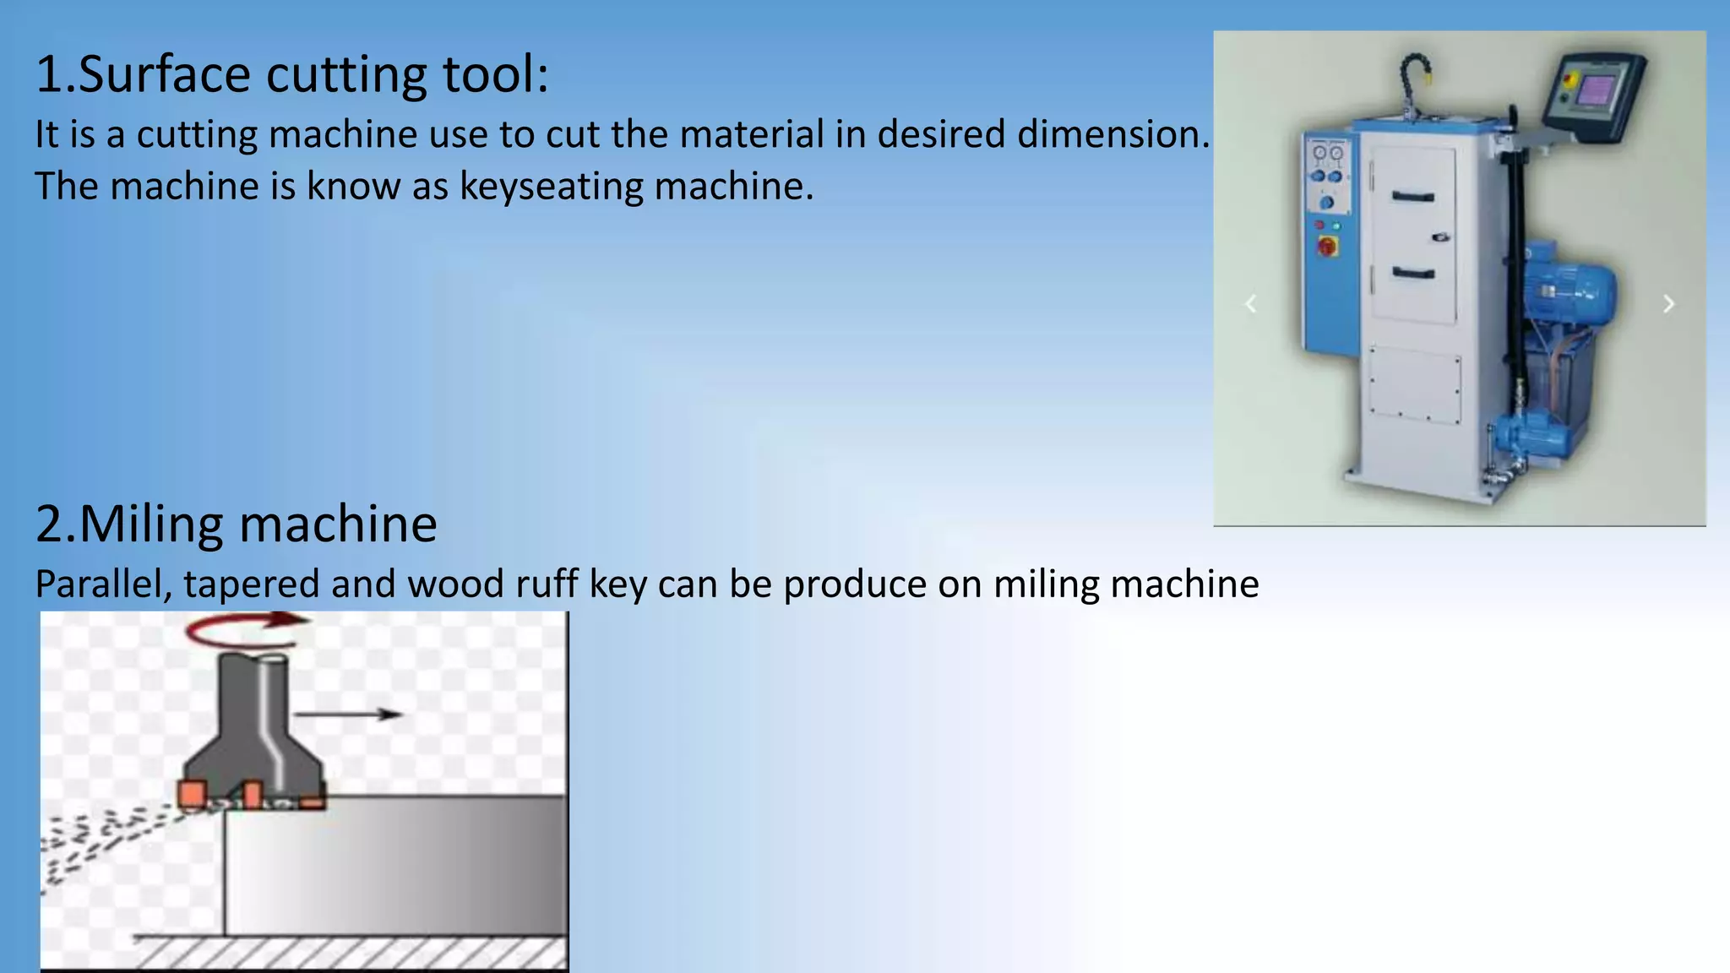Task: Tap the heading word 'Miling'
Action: point(152,524)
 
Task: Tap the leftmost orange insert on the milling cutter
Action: point(193,794)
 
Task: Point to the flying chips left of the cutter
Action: point(101,836)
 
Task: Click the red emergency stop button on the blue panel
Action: point(1327,247)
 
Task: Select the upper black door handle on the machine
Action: point(1413,197)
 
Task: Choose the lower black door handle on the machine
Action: point(1413,273)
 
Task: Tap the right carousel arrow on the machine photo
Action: point(1668,304)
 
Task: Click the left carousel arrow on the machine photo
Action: point(1251,304)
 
